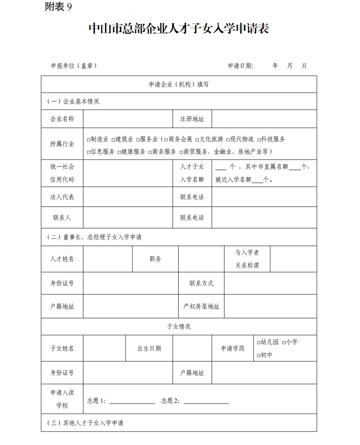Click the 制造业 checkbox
(x=88, y=140)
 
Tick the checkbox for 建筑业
(x=113, y=140)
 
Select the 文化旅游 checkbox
(x=197, y=140)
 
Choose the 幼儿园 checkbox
(x=258, y=343)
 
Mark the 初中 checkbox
(x=258, y=356)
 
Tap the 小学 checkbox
(x=284, y=343)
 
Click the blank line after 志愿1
(x=132, y=401)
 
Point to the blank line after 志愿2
(x=206, y=401)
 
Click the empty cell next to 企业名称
(x=128, y=119)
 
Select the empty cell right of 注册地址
(x=264, y=119)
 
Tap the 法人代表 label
(x=62, y=197)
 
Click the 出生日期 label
(x=149, y=349)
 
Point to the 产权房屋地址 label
(x=201, y=307)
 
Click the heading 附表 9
(x=58, y=7)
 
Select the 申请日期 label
(x=241, y=66)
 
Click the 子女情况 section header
(x=179, y=327)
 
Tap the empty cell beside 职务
(x=201, y=259)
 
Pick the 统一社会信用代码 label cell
(x=62, y=173)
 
